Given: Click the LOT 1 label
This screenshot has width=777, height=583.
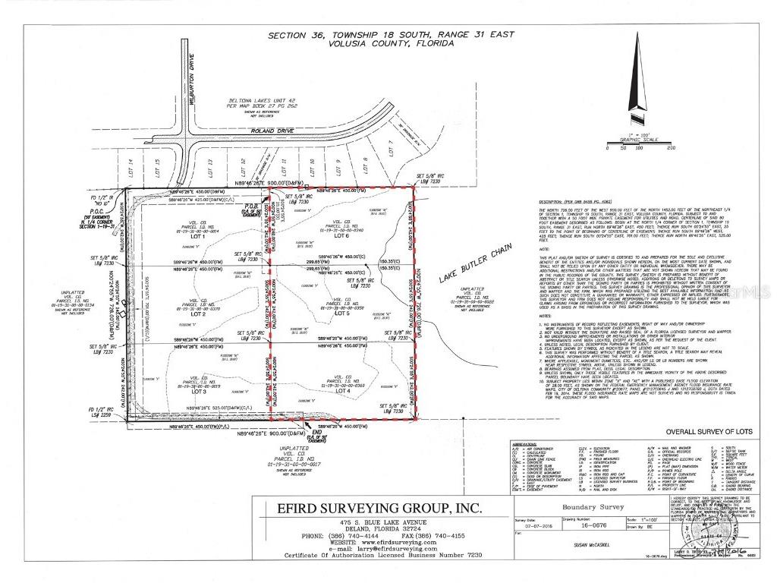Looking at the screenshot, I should click(200, 237).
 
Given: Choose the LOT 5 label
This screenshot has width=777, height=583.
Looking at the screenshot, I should click(342, 313).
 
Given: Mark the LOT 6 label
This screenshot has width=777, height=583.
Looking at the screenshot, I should click(343, 237).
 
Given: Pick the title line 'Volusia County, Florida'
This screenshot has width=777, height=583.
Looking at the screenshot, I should click(391, 43).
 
